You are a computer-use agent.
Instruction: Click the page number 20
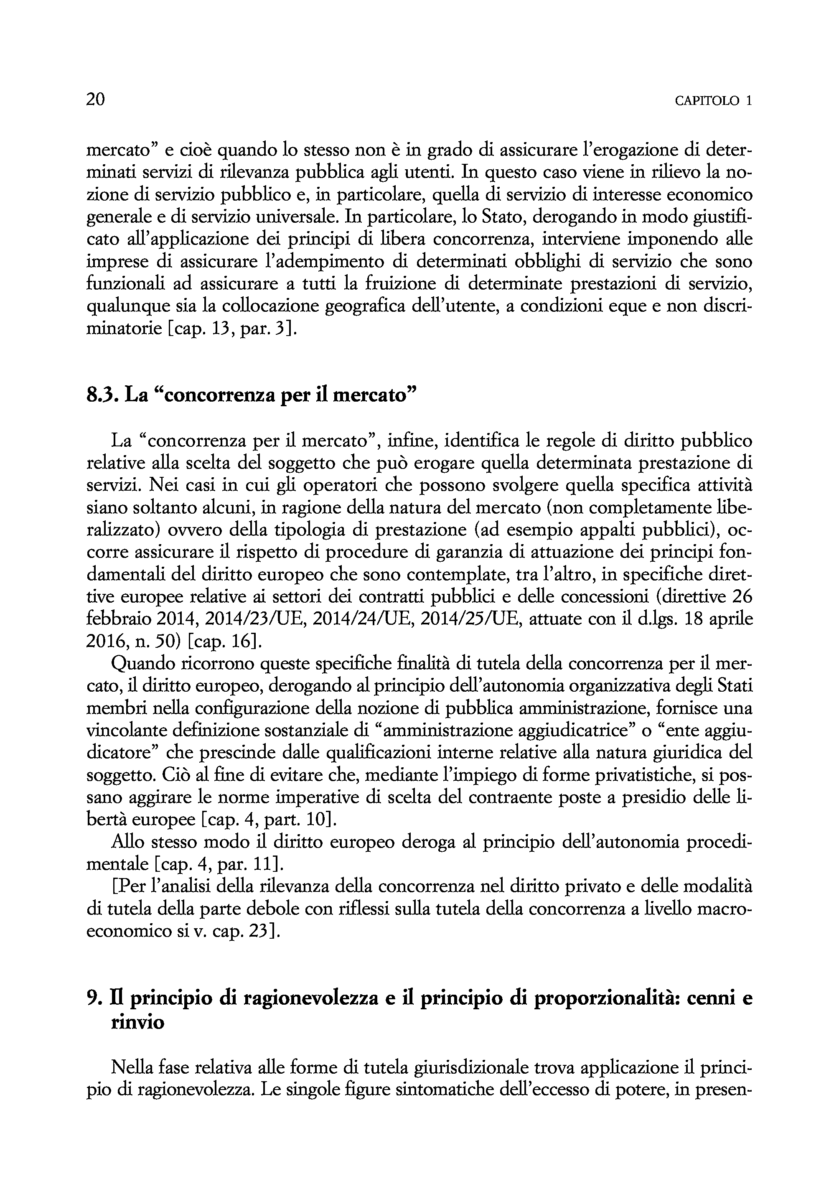(x=96, y=99)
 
